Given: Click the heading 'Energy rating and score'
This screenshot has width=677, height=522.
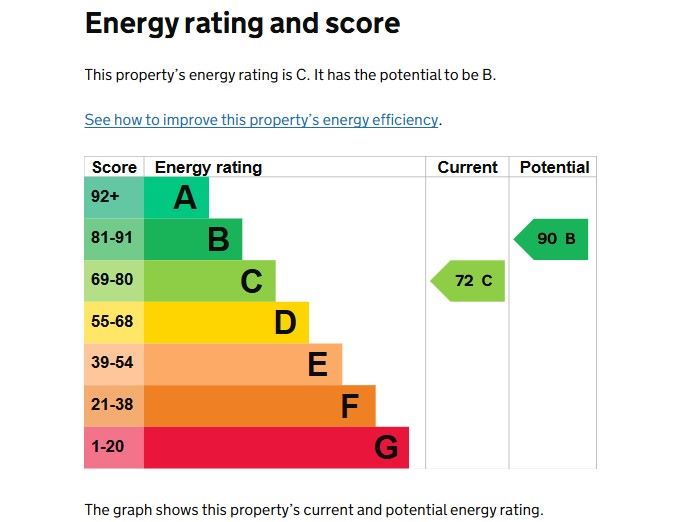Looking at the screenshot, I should [x=242, y=24].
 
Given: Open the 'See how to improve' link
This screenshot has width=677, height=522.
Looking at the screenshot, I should [x=261, y=120].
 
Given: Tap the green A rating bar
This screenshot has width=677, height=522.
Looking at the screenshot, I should [x=176, y=197].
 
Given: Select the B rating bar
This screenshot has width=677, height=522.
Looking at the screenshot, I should [x=193, y=239].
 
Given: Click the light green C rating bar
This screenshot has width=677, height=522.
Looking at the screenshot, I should [x=209, y=281].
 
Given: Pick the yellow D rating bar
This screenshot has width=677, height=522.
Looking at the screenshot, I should [x=226, y=322].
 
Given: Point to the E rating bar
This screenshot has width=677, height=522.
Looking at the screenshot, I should [x=243, y=364].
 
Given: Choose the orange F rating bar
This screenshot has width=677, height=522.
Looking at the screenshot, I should [x=259, y=406].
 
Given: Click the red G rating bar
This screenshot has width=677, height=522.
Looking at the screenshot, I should [x=276, y=447].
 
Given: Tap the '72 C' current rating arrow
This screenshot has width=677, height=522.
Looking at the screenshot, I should [x=468, y=281].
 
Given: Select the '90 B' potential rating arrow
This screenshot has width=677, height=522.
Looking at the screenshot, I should [x=551, y=239].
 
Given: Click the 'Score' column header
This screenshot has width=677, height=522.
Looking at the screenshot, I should [x=114, y=167].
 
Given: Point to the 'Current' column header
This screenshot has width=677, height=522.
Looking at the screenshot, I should [x=467, y=167].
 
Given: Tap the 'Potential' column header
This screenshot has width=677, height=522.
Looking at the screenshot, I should [x=554, y=167].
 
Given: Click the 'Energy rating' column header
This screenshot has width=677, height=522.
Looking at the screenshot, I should [x=208, y=167].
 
